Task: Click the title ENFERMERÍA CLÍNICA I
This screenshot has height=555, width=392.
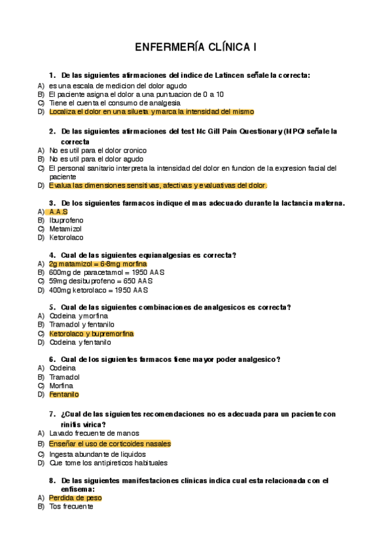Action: pyautogui.click(x=196, y=47)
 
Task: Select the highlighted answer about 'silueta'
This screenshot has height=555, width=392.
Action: pyautogui.click(x=151, y=112)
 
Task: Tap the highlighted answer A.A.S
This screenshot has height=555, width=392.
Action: pyautogui.click(x=58, y=212)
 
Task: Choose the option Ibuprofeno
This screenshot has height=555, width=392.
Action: pyautogui.click(x=66, y=221)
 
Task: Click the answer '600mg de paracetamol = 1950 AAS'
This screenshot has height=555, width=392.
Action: pyautogui.click(x=99, y=272)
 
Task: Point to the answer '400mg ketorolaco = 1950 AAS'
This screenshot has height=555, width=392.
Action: pyautogui.click(x=98, y=290)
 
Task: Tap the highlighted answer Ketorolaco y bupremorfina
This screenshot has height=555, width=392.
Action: pyautogui.click(x=91, y=334)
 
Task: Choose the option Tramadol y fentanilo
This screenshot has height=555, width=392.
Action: pyautogui.click(x=82, y=325)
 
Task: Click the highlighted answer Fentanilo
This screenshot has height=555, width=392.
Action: pyautogui.click(x=63, y=395)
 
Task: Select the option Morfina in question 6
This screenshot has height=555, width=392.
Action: pyautogui.click(x=62, y=386)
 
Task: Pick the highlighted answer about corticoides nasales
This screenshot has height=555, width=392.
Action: pyautogui.click(x=109, y=444)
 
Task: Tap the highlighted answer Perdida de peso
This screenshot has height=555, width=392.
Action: pyautogui.click(x=75, y=498)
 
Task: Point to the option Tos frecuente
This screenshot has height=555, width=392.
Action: pyautogui.click(x=71, y=507)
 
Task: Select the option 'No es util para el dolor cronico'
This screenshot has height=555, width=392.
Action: pyautogui.click(x=98, y=151)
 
